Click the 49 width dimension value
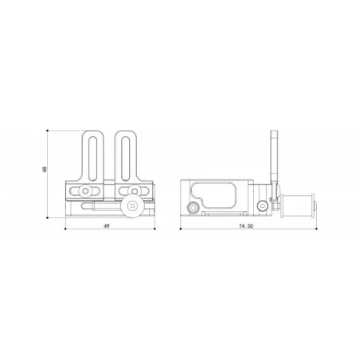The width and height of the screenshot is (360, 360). tap(106, 227)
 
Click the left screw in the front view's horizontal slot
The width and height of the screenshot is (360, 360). tap(83, 190)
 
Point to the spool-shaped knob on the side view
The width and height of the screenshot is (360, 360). tap(297, 205)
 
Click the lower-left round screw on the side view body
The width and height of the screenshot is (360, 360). tap(194, 209)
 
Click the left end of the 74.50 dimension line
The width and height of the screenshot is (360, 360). tap(180, 232)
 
